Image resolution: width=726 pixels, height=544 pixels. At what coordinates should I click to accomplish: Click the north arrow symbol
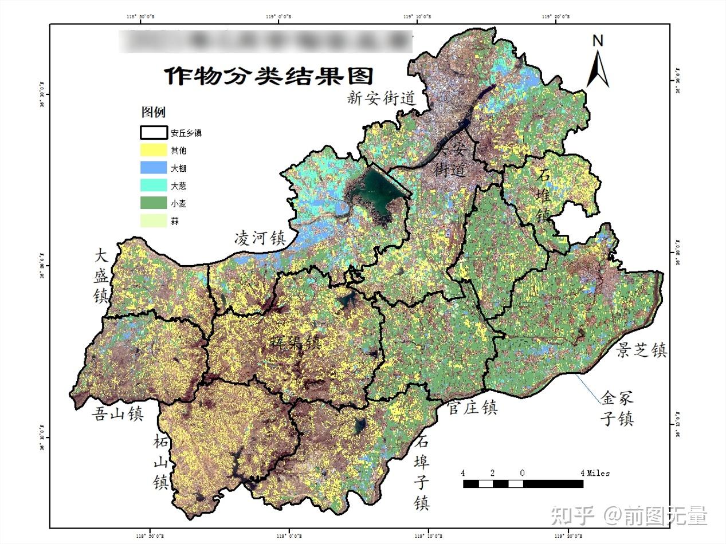tap(598, 63)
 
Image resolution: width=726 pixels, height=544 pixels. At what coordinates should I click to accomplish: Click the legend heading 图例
tap(153, 112)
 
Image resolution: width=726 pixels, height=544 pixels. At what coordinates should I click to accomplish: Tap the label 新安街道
tap(380, 98)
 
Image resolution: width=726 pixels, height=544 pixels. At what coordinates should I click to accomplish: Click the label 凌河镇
tap(260, 238)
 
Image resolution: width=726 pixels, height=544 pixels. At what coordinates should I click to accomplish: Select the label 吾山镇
tap(117, 413)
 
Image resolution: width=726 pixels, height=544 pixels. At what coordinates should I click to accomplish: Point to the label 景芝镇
tap(642, 350)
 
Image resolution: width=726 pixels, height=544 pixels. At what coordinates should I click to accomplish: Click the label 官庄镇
tap(472, 408)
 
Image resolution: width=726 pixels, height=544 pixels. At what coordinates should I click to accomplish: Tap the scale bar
tap(523, 484)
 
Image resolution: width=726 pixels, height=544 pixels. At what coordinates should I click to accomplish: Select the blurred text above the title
tap(266, 41)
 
